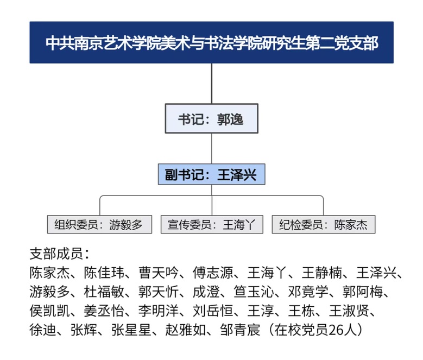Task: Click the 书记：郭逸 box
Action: coord(212,118)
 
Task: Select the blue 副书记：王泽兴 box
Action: coord(212,174)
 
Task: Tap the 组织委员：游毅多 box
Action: coord(99,224)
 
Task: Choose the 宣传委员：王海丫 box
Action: coord(212,224)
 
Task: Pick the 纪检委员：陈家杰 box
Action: coord(324,224)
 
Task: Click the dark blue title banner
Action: coord(212,42)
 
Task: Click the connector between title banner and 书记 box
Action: coord(212,84)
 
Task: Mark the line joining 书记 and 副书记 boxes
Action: coord(212,148)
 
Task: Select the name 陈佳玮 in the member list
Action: coord(104,273)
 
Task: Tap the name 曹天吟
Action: coord(159,273)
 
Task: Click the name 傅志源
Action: coord(213,273)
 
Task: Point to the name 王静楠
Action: coord(322,273)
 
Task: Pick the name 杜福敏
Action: coord(104,292)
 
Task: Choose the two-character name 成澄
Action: coord(206,292)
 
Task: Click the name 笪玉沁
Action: coord(254,292)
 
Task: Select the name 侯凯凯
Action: coord(49,311)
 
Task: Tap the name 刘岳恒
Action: coord(213,311)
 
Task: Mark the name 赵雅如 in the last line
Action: coord(186,330)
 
